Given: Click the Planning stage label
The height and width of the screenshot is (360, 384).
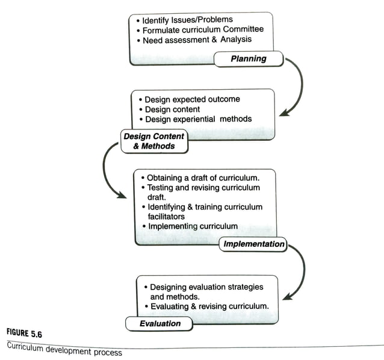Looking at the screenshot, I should (249, 59).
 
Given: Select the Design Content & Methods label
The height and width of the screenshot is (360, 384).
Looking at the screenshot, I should (153, 141).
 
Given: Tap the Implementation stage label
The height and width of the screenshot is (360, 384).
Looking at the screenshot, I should (253, 244).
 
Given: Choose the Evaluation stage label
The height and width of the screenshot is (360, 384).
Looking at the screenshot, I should (160, 323).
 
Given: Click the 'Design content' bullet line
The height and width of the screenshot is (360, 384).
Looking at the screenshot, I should (172, 109).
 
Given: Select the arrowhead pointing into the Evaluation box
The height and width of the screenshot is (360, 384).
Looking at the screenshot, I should (288, 296).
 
